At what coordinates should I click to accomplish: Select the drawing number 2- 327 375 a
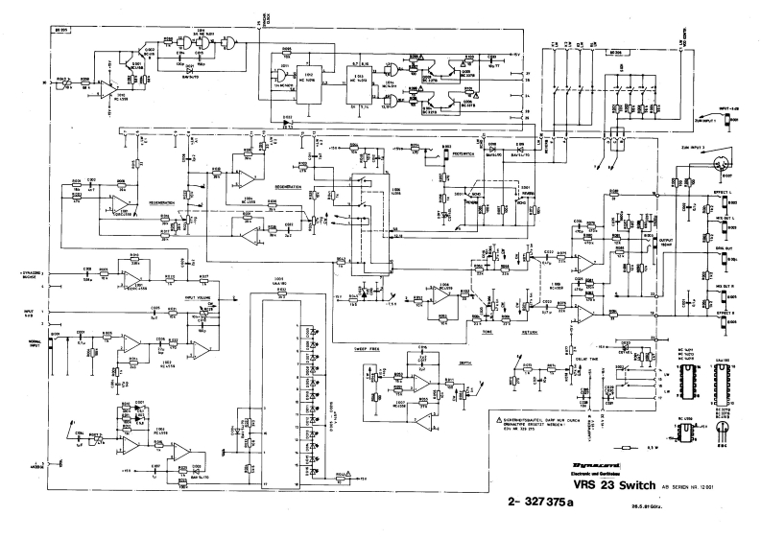[553, 500]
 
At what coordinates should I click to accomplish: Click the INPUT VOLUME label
[198, 298]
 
